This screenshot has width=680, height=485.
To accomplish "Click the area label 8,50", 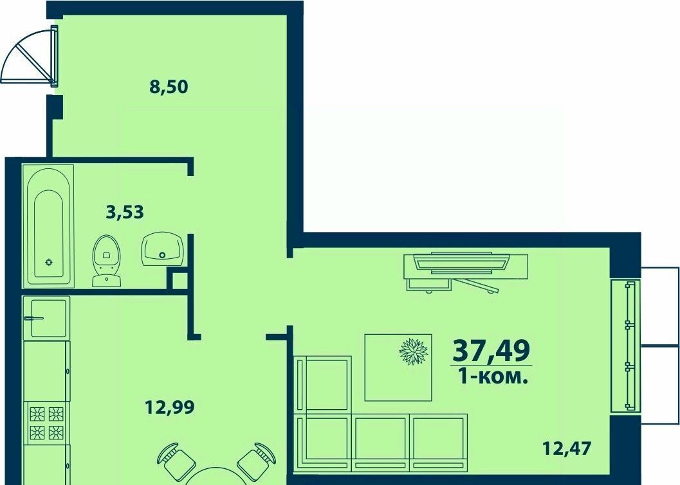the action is pos(169,87).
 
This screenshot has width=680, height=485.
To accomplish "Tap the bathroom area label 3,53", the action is pos(125,213).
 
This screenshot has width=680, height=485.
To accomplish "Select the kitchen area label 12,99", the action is pos(170,407).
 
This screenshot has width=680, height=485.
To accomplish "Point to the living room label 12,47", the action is pos(567,448).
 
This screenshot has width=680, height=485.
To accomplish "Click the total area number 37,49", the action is pos(492,350).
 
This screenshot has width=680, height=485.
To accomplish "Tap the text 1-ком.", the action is pos(493,377).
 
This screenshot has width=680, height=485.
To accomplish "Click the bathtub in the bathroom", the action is pos(49,226).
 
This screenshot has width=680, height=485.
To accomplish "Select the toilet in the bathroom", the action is pos(106,261).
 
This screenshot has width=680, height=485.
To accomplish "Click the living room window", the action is pos(625,346).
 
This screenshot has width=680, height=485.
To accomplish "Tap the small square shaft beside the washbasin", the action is pos(178,279).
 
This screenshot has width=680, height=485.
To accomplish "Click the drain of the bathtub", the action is pos(49,262).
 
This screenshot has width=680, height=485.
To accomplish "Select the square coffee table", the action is pos(398,367).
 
